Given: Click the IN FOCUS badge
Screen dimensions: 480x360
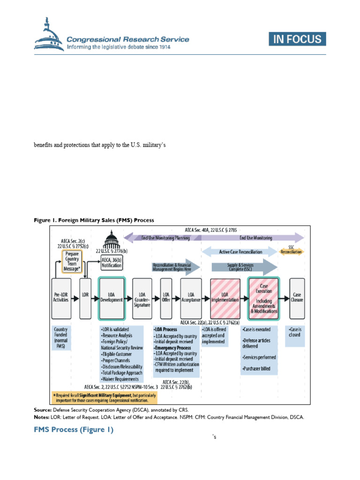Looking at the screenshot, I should [298, 39].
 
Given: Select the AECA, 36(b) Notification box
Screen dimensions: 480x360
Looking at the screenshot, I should [112, 262].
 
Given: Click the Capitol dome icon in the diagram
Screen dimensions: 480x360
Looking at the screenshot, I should [111, 243].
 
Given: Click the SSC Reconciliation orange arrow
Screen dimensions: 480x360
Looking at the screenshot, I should [291, 252].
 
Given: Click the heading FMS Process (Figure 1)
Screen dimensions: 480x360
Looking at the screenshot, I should [74, 430].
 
